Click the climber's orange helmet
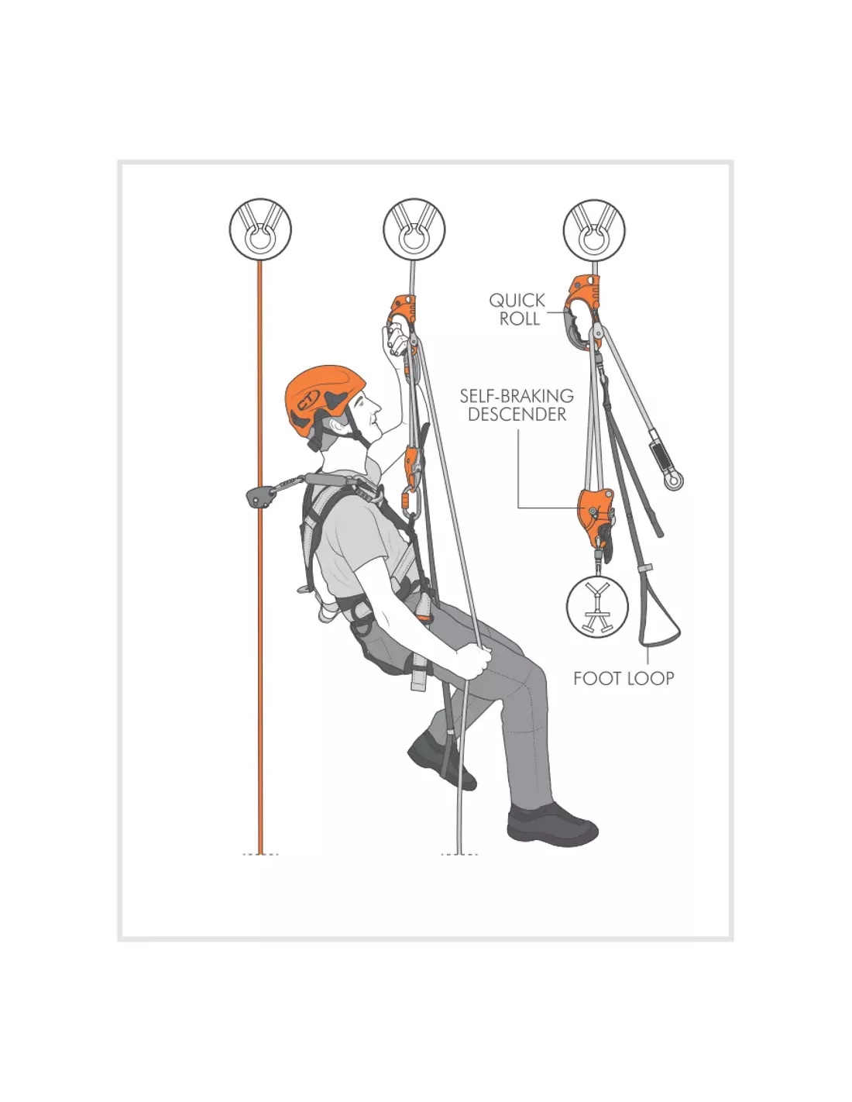tap(325, 400)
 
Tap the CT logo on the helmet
tap(307, 400)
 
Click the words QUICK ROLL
tap(517, 309)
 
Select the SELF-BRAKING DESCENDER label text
tap(517, 405)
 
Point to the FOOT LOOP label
tap(624, 678)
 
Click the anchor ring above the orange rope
tap(260, 229)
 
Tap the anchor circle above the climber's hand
tap(414, 229)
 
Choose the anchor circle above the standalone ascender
tap(594, 229)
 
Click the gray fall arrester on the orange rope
tap(259, 495)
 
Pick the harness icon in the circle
tap(597, 607)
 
